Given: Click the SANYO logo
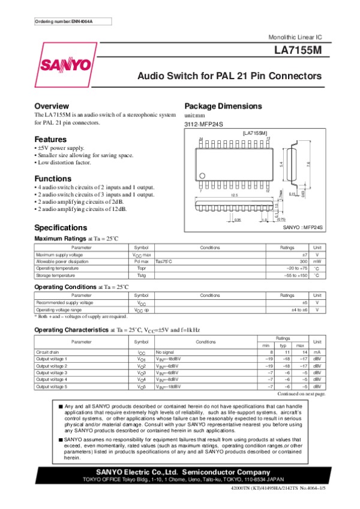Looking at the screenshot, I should tap(66, 65).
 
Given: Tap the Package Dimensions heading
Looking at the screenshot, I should tap(223, 106).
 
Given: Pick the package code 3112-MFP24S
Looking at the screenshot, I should tap(203, 124).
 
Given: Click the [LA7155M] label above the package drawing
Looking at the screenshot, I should tap(255, 132).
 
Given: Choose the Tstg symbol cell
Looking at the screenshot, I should tap(141, 276).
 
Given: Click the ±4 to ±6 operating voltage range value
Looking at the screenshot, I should tap(299, 310).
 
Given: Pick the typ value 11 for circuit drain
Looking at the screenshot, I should tap(288, 352).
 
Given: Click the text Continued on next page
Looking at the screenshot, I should tap(301, 394).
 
